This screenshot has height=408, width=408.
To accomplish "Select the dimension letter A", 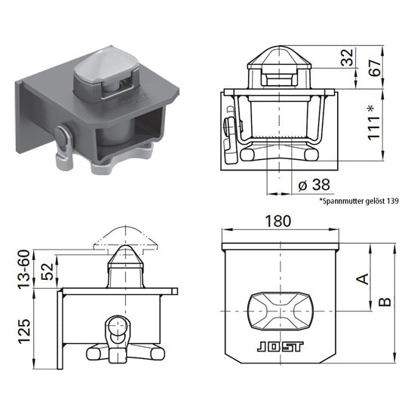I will tap(362, 278).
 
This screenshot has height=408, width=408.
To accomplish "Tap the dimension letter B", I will tap(385, 302).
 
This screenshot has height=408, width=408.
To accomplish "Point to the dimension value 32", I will tap(346, 57).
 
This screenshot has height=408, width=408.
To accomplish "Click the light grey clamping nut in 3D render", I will tap(121, 161).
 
